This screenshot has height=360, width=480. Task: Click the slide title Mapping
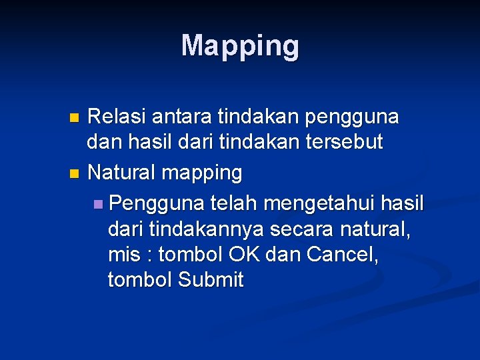point(240,46)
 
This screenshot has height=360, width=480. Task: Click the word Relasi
point(117,117)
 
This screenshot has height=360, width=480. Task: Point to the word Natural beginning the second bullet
point(122,173)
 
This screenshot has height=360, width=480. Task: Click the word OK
point(245,254)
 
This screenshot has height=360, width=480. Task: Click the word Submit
point(211,280)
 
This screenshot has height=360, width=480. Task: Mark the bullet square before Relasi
point(74,118)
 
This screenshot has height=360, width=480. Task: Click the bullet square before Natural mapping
point(74,174)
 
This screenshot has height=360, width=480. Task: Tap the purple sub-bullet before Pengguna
point(99,203)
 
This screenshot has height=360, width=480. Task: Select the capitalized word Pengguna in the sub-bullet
point(157,202)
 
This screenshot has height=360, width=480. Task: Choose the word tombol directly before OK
point(191,254)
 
